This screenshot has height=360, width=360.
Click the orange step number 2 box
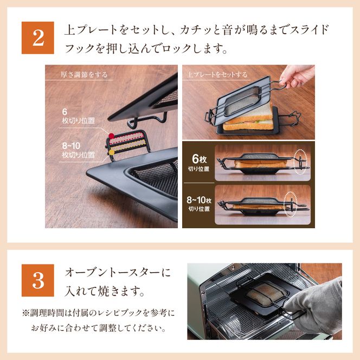click(38, 37)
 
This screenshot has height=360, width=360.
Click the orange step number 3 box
click(38, 280)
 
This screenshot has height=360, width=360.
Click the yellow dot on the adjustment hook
click(111, 153)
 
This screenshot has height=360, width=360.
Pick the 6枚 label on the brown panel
click(199, 161)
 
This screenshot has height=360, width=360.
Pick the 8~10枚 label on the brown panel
click(199, 204)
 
